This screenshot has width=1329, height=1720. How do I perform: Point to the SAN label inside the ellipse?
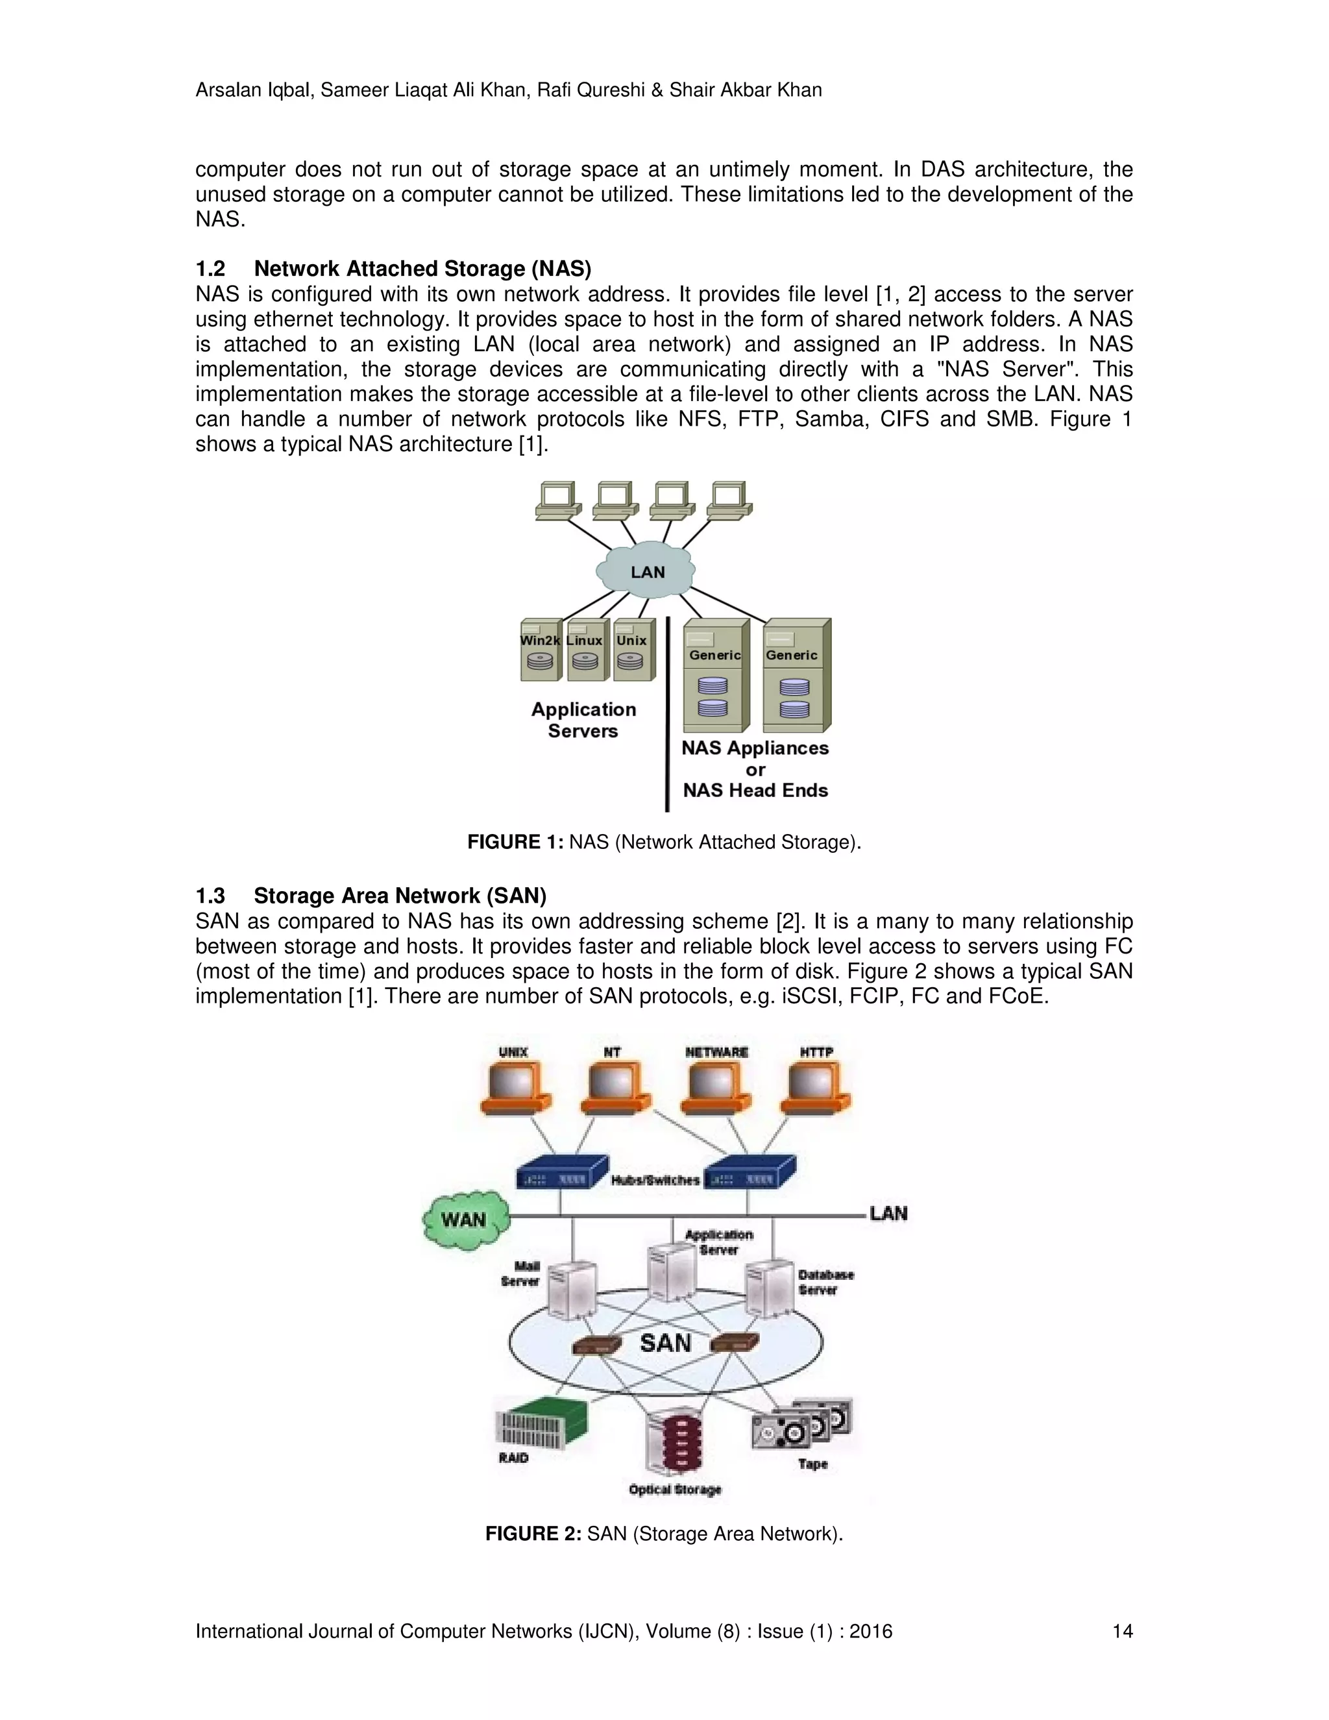(665, 1342)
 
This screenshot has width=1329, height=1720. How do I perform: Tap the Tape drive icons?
(801, 1425)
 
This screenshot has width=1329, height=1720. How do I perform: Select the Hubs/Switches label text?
(655, 1180)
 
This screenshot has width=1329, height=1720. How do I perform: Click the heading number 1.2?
(210, 269)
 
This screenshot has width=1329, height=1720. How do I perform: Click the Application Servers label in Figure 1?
(583, 720)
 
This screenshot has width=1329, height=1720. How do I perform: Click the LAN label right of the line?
(888, 1214)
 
